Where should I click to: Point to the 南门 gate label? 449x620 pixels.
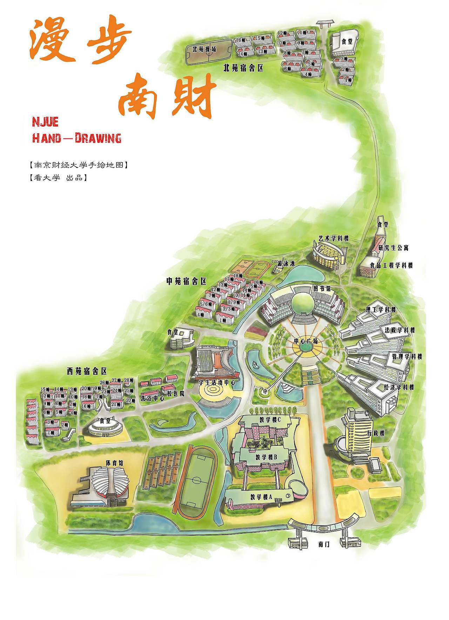pyautogui.click(x=324, y=545)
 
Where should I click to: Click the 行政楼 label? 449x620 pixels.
pyautogui.click(x=376, y=433)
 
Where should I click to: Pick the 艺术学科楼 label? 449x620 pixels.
pyautogui.click(x=334, y=238)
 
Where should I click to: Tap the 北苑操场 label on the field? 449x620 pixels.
pyautogui.click(x=204, y=49)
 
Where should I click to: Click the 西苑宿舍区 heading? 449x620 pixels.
pyautogui.click(x=87, y=371)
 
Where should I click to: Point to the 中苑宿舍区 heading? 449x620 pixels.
pyautogui.click(x=186, y=281)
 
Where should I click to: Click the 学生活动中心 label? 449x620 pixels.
pyautogui.click(x=217, y=383)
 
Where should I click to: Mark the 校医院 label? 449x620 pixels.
pyautogui.click(x=175, y=394)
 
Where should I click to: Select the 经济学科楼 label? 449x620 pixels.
pyautogui.click(x=399, y=387)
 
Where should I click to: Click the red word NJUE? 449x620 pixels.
pyautogui.click(x=45, y=122)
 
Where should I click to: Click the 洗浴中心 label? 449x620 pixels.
pyautogui.click(x=152, y=399)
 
